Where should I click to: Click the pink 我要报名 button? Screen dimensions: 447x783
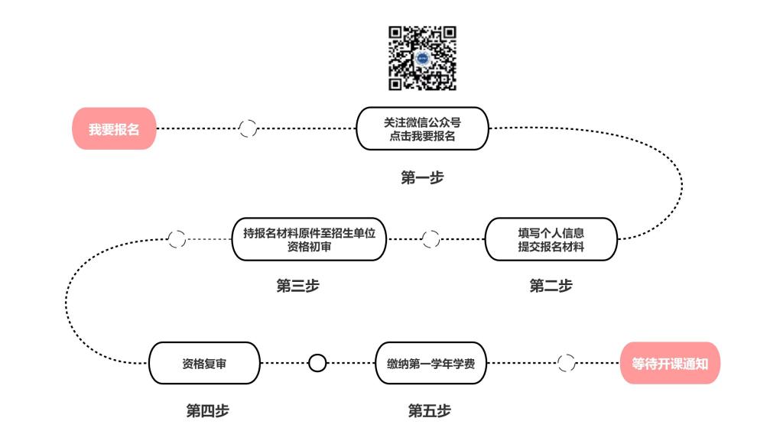point(114,128)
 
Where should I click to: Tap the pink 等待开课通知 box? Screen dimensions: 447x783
point(670,363)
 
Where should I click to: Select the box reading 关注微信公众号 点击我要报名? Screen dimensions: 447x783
point(422,128)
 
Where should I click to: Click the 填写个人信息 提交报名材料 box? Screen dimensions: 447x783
point(551,239)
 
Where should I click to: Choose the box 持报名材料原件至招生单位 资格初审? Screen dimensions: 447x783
point(309,239)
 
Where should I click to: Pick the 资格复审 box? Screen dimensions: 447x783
point(203,363)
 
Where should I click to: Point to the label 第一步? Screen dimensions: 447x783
point(422,177)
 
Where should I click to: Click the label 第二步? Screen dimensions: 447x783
point(551,286)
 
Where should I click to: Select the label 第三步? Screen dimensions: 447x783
point(297,286)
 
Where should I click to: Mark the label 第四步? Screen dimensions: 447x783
point(207,411)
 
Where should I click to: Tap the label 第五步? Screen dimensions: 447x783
point(429,411)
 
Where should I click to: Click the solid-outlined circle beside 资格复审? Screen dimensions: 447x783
point(317,363)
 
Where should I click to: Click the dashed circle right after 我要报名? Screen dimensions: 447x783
point(248,128)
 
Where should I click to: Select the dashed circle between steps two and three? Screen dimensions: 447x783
point(430,239)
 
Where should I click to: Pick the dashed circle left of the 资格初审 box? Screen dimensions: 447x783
point(177,239)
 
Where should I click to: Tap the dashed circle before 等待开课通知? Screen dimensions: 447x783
point(566,363)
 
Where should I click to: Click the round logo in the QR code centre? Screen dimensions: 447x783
point(423,58)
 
